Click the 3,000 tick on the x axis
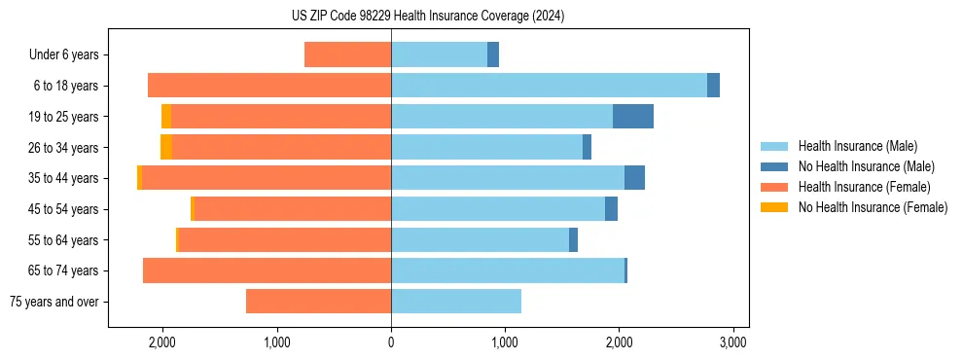point(732,342)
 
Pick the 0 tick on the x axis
point(391,342)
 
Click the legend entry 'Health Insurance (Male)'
point(857,146)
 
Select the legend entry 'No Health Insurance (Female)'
point(873,207)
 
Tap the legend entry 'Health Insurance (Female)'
point(864,187)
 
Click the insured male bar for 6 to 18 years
point(549,86)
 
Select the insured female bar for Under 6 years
point(347,54)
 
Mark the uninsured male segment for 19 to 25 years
point(633,117)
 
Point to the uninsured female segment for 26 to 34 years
point(166,147)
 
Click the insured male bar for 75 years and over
point(456,302)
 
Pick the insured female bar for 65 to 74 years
point(267,270)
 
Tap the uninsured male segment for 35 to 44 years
point(634,178)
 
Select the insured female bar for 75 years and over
point(318,302)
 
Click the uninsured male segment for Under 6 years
point(493,54)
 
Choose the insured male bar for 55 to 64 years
point(480,239)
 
